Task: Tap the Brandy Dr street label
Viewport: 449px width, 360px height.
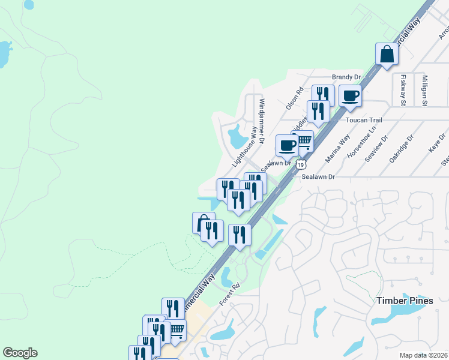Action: [346, 77]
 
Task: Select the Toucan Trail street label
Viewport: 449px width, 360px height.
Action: [364, 120]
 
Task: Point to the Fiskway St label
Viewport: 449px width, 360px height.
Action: [404, 89]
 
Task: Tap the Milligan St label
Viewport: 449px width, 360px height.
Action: [424, 91]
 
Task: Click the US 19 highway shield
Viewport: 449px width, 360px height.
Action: [301, 164]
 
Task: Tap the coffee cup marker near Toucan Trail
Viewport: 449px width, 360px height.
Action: [350, 95]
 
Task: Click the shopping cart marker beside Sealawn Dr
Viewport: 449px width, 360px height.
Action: [304, 142]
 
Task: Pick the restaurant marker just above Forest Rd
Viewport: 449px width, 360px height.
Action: [240, 235]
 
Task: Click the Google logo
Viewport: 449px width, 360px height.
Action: [20, 353]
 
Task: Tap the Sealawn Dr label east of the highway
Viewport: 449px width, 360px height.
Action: [318, 177]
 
